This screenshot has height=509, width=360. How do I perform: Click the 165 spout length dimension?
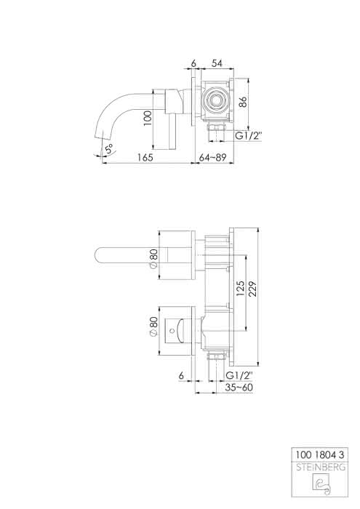point(145,157)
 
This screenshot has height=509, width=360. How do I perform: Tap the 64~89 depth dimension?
point(212,157)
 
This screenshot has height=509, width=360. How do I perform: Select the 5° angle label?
point(109,149)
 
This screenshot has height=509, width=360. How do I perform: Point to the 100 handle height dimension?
point(148,118)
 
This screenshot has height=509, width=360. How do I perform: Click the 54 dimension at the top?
point(217,63)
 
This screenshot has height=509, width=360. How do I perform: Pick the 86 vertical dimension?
point(243,102)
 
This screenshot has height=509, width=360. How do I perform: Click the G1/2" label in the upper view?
point(249,136)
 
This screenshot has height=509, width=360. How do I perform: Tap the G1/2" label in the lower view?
point(239,376)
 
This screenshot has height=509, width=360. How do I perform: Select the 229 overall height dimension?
point(252,289)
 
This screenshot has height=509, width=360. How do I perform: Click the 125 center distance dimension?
point(240,289)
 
